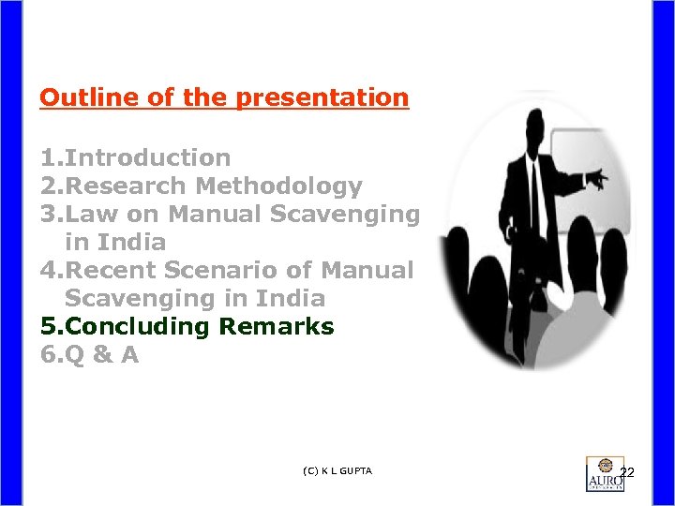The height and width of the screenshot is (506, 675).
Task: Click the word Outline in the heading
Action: [77, 97]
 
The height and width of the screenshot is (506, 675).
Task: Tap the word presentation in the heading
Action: [324, 97]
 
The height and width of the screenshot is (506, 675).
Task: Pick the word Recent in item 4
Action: [112, 270]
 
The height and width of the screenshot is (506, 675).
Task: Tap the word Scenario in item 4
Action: [241, 270]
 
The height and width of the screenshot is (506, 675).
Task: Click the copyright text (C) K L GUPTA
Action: [337, 470]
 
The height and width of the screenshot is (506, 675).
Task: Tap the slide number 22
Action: [627, 471]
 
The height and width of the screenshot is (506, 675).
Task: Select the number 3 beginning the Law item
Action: [48, 214]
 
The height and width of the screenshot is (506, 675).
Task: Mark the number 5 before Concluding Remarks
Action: [48, 326]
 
